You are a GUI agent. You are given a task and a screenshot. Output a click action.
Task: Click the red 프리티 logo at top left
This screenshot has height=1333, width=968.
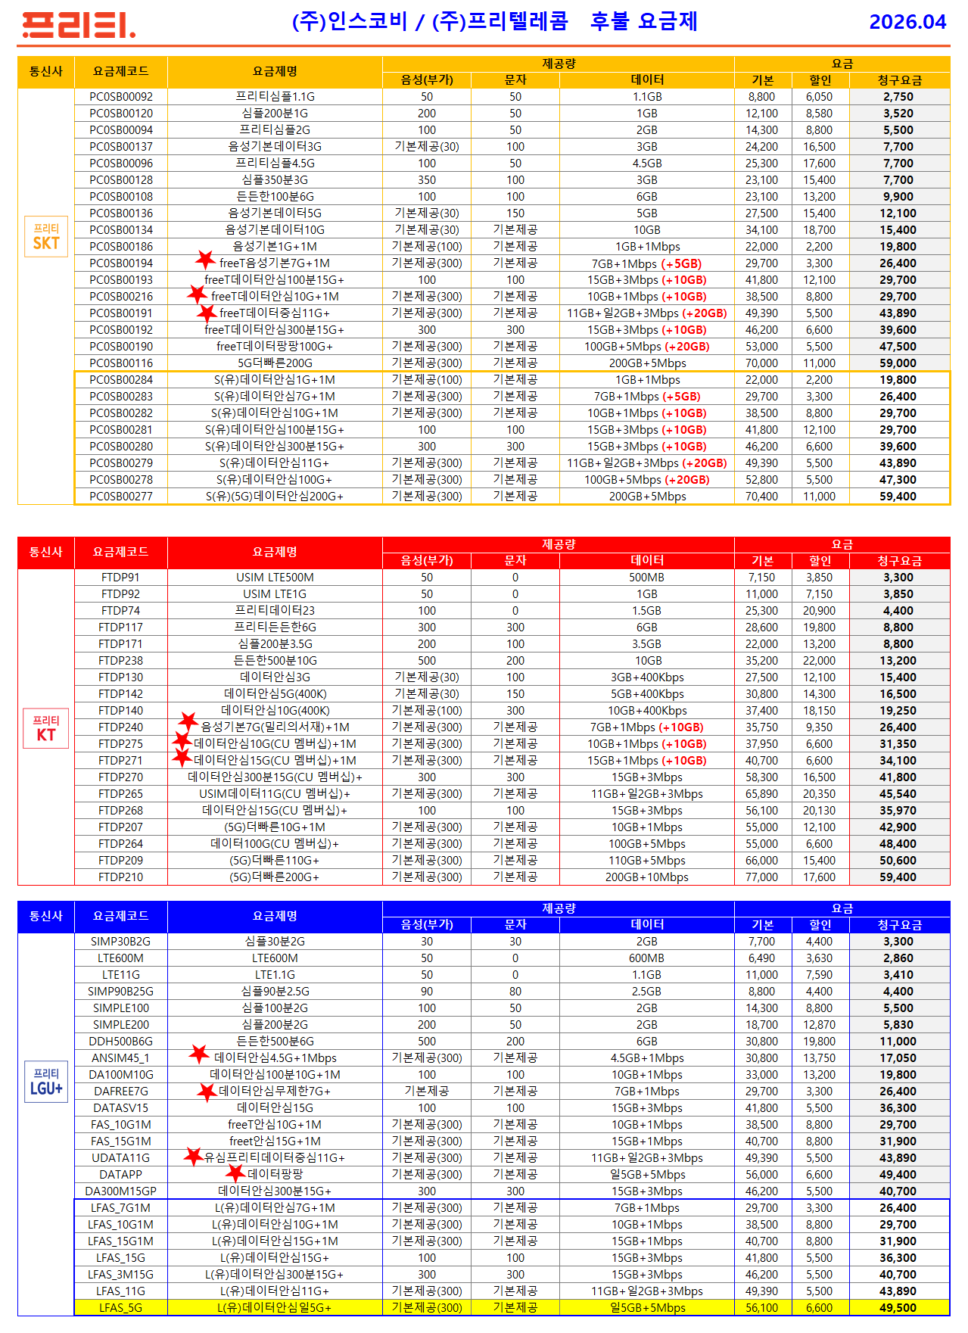coord(79,25)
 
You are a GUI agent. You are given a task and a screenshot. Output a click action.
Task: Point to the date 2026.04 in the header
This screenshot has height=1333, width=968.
coord(907,22)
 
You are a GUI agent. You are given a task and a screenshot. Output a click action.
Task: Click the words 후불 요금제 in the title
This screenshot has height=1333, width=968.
coord(643,21)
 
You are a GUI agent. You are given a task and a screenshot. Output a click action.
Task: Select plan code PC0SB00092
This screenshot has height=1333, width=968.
coord(121,97)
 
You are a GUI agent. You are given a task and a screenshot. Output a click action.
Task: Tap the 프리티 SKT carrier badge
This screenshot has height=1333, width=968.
coord(46,237)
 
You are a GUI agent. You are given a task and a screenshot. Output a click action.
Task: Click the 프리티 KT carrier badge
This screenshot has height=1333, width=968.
coord(46,727)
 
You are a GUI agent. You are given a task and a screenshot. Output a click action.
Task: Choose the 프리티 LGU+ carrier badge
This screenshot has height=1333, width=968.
coord(46,1082)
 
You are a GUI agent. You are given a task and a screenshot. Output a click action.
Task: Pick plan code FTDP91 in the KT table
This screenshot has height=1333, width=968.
coord(121,578)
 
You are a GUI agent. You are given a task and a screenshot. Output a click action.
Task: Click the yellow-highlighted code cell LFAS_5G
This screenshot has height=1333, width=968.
coord(121,1308)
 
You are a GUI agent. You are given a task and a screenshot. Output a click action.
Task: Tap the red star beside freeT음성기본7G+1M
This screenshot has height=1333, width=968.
coord(205,260)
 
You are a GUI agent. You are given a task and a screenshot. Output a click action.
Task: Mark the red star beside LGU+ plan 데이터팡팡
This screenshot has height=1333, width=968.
coord(235,1173)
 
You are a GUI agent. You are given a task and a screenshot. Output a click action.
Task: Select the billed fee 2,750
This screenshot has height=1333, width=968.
coord(898,97)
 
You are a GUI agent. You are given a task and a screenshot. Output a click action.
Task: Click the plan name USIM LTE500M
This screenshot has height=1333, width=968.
coord(275,578)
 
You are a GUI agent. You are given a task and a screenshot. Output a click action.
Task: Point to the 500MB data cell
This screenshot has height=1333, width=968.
coord(646,578)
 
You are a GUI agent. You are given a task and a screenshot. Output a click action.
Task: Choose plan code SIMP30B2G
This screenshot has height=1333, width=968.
coord(121,942)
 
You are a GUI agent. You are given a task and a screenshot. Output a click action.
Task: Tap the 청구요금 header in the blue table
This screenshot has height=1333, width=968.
coord(899,925)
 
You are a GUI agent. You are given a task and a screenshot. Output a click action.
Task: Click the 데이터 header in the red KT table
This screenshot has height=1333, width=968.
coord(646,561)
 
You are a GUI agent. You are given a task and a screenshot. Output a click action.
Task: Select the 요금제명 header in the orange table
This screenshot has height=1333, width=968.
coord(275,72)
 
